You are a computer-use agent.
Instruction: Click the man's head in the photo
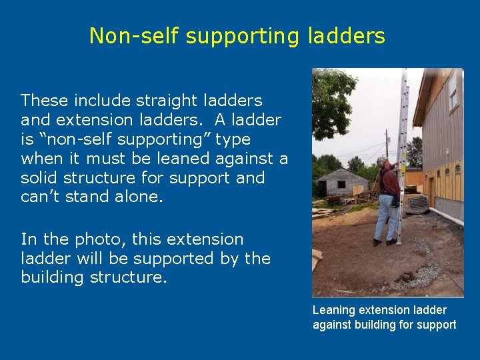pyautogui.click(x=381, y=163)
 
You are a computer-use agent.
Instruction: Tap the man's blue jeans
pyautogui.click(x=385, y=217)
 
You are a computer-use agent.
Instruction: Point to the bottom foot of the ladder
pyautogui.click(x=399, y=243)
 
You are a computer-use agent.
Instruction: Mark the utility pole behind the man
pyautogui.click(x=387, y=143)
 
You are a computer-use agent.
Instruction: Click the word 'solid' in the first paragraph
pyautogui.click(x=41, y=179)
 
